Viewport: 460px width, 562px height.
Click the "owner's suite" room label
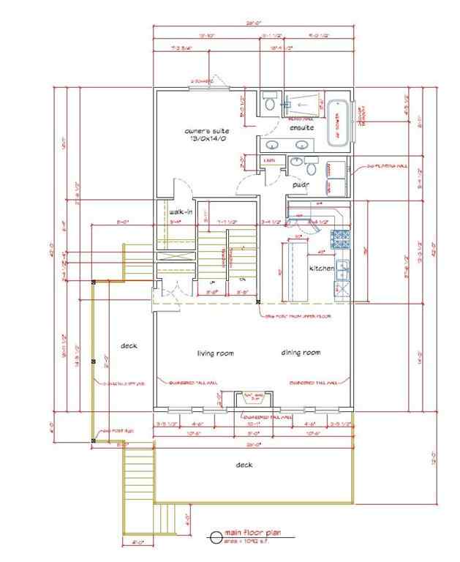click(206, 131)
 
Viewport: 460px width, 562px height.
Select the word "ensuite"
click(301, 128)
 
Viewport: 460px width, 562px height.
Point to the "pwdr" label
click(300, 185)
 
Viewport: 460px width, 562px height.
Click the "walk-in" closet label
click(181, 212)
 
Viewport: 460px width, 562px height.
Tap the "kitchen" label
click(322, 269)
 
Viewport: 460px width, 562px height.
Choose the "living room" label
click(215, 353)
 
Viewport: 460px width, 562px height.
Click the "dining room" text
click(301, 353)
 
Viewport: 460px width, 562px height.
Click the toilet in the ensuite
click(269, 103)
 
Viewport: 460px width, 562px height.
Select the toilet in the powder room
click(298, 162)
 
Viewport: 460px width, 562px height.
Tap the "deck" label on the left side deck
click(129, 345)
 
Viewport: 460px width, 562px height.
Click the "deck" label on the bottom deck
click(244, 465)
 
